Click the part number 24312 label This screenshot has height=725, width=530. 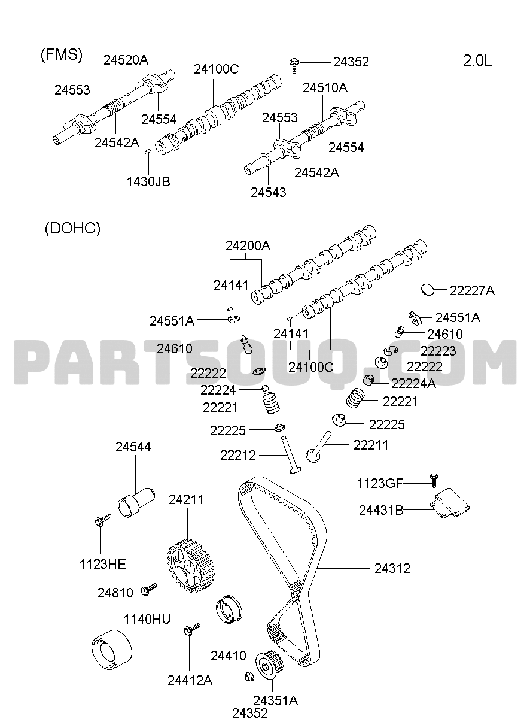pos(392,568)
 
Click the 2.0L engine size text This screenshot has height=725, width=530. pos(477,60)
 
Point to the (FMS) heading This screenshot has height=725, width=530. pos(62,54)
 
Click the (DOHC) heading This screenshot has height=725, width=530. pos(73,229)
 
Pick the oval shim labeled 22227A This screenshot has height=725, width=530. pos(428,289)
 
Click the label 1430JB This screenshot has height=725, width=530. pos(148,181)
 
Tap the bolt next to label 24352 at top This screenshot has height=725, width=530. pos(294,66)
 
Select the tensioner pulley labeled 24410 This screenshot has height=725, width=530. pos(229,608)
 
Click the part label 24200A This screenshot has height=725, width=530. pos(248,246)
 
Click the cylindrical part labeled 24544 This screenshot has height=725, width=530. pos(136,502)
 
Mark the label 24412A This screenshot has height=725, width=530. pos(190,680)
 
